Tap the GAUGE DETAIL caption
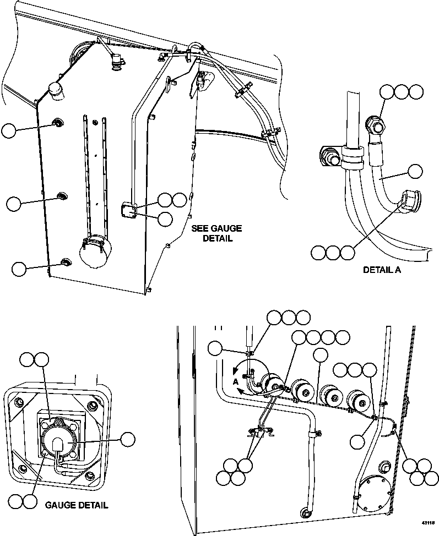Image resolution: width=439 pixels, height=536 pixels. click(76, 505)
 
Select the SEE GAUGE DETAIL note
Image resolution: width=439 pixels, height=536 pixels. click(216, 233)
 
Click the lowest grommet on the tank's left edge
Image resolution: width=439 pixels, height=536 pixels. click(66, 261)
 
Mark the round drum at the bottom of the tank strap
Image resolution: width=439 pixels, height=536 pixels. click(93, 254)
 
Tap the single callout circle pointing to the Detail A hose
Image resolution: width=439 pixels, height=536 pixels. click(415, 171)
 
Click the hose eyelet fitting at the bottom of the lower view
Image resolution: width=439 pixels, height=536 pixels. click(305, 513)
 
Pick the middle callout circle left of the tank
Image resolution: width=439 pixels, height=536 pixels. click(14, 203)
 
